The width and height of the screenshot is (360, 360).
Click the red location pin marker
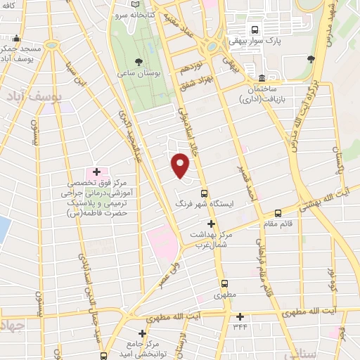click(181, 166)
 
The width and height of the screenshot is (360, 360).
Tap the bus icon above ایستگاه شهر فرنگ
click(205, 192)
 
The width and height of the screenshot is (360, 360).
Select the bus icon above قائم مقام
click(278, 213)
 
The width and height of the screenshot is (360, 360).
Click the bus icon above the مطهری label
click(224, 284)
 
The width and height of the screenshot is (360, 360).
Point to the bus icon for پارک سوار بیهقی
click(255, 30)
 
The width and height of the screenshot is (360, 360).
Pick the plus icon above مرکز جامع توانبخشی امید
click(142, 333)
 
